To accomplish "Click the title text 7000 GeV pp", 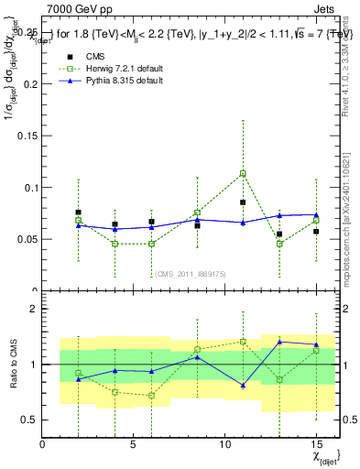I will pos(74,10).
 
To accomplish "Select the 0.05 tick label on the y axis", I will pos(27,239).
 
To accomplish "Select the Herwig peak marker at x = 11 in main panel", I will pos(243,173).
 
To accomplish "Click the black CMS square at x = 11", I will pos(243,202).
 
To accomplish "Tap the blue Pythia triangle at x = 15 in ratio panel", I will pos(316,344).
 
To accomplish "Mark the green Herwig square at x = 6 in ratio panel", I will pos(151,396).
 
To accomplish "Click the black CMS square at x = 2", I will pos(78,213).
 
